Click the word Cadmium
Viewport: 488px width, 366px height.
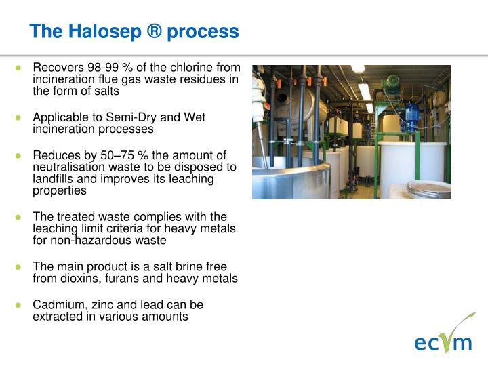[x=56, y=305]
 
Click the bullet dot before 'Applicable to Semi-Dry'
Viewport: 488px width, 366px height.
[x=20, y=118]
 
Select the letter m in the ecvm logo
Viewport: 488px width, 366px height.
[x=462, y=343]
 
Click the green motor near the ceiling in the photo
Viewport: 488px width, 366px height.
[x=390, y=83]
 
